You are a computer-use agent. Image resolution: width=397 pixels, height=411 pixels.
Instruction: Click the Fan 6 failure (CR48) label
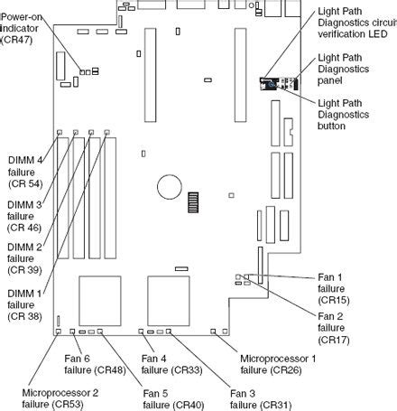point(96,363)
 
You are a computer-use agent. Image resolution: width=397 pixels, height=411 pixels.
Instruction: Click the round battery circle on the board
point(170,186)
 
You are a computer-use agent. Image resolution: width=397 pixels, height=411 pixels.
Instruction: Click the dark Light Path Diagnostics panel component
point(269,84)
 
